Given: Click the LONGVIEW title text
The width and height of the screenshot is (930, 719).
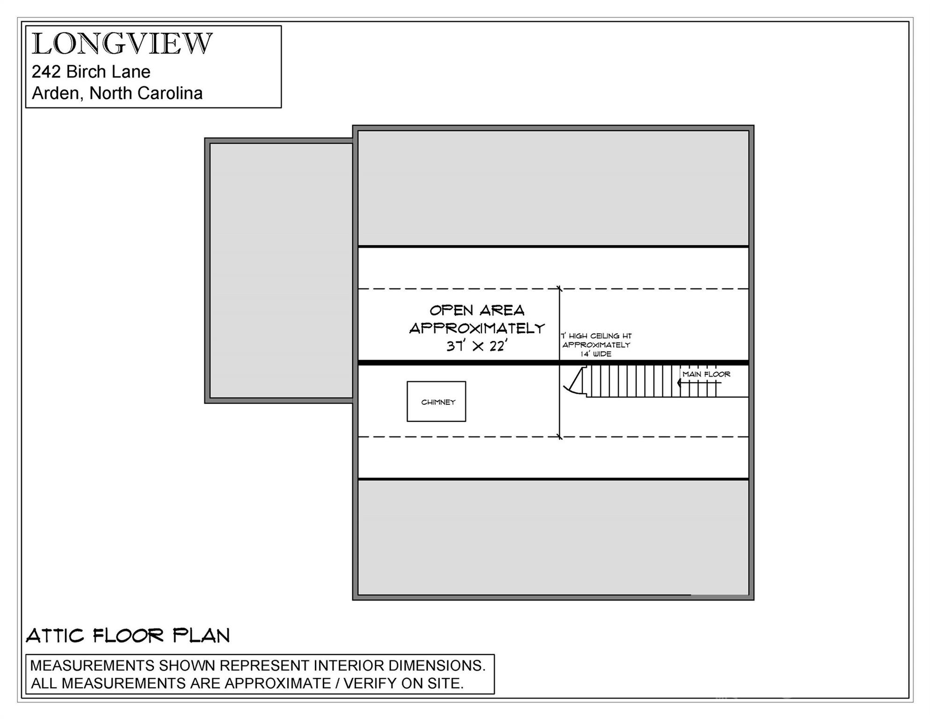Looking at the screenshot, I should pos(122,44).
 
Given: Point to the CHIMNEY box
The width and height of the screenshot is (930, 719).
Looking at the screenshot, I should pos(436,401).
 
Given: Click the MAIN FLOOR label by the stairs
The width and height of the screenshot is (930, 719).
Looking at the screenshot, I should pos(706,374).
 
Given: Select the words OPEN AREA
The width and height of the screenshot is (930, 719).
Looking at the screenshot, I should pos(477,310).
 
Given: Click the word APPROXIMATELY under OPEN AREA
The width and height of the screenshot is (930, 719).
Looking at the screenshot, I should pos(477,328).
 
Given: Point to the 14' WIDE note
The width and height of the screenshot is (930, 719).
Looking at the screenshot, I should pos(596,354).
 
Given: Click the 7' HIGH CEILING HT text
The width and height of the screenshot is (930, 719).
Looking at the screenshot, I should pos(596,336).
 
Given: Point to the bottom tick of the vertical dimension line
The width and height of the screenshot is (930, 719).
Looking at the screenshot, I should pos(559,437).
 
